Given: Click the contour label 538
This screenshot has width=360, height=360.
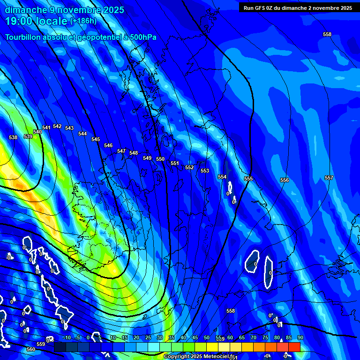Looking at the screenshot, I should coord(13,137).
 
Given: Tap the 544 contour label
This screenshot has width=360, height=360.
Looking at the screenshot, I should coord(82,134).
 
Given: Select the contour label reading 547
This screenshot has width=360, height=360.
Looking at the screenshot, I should coord(121,151).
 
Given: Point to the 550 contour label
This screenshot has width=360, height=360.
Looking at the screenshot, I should coord(160,159).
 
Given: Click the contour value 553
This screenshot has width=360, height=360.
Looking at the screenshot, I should coord(205,171).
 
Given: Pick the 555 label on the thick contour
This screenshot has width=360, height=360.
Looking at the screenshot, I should coord(248,179).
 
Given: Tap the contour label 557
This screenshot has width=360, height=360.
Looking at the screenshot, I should coord(329,178).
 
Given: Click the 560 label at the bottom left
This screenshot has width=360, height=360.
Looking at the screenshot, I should coord(31,349).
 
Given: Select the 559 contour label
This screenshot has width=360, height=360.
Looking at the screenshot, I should coord(41,344).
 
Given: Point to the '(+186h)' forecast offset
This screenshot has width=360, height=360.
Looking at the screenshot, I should coord(83,21).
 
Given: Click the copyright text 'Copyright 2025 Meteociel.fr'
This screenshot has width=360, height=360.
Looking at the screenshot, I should coord(199,357).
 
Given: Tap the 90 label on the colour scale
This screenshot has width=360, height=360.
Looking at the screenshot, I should coord(300,337).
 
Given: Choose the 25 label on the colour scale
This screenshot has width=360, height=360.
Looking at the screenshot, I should coord(148,337).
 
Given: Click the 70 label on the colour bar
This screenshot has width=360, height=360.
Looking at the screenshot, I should coord(253,337).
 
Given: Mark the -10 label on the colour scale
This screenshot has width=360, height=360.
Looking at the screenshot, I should coord(67,337).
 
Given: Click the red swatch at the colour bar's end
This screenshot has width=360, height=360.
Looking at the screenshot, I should coord(294,347).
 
